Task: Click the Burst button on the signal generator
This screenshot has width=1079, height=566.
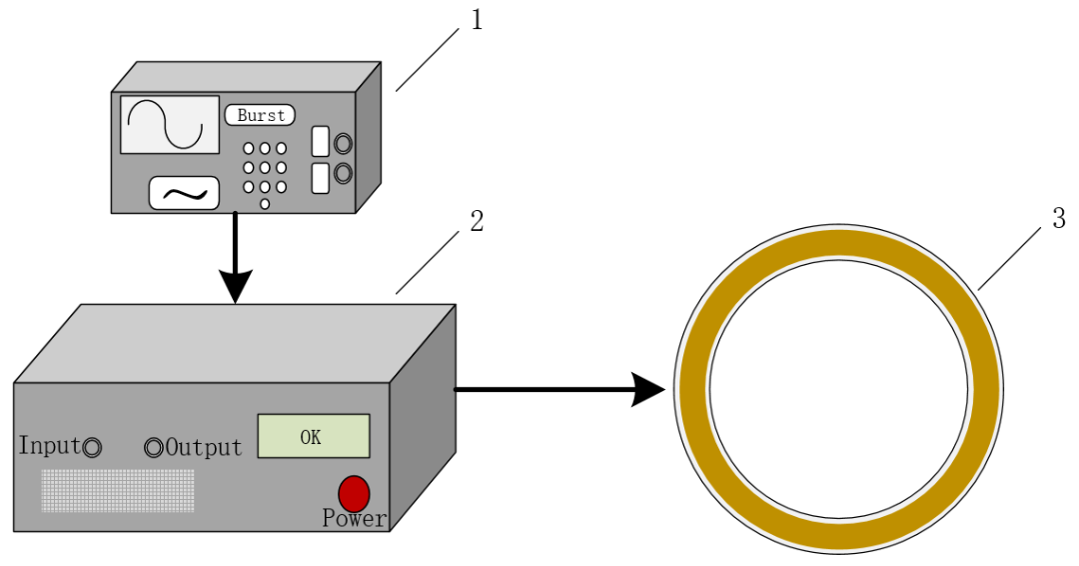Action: (261, 115)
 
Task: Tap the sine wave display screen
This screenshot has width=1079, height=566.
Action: (170, 125)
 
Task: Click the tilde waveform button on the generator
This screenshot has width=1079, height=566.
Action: (184, 193)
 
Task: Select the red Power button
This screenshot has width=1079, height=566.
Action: (354, 493)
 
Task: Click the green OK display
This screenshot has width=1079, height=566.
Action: (314, 436)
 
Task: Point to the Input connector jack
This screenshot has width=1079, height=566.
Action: (92, 448)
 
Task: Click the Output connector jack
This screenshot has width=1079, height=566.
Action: (154, 448)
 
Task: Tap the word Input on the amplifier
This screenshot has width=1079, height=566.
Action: (48, 446)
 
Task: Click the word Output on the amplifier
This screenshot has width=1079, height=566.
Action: (204, 447)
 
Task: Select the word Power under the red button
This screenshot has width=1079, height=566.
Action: (354, 519)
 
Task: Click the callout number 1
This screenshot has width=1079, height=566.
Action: (477, 20)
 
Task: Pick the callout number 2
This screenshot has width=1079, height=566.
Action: (477, 221)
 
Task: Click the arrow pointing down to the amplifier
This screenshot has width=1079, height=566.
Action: (235, 260)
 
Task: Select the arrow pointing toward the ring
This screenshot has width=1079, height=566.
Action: (559, 388)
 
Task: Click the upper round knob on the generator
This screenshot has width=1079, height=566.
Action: (343, 143)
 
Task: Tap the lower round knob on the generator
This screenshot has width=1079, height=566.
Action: (343, 174)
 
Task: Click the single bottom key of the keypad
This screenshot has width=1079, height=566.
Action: (265, 204)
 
